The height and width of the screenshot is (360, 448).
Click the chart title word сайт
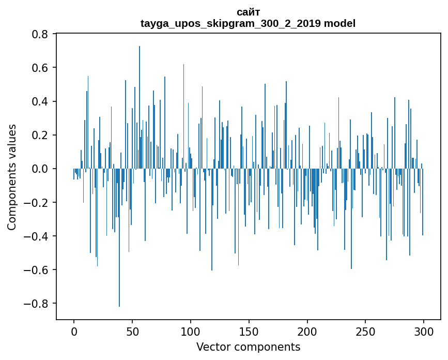(248, 12)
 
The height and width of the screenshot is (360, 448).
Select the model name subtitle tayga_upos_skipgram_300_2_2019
(248, 23)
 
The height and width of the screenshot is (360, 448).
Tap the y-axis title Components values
(12, 177)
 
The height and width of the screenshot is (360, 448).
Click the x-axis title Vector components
(248, 347)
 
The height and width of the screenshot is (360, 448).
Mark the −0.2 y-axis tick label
(37, 202)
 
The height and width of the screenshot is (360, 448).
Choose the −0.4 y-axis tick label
(37, 236)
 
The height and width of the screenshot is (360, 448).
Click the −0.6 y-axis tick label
(37, 269)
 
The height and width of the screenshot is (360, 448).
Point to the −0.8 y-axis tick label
(37, 303)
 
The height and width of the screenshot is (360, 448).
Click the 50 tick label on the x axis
(132, 331)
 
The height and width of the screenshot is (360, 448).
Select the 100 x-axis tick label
(191, 331)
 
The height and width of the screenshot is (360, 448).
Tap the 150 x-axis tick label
(249, 331)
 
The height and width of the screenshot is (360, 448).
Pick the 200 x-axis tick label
(307, 331)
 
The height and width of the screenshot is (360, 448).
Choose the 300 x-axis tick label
(424, 331)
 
